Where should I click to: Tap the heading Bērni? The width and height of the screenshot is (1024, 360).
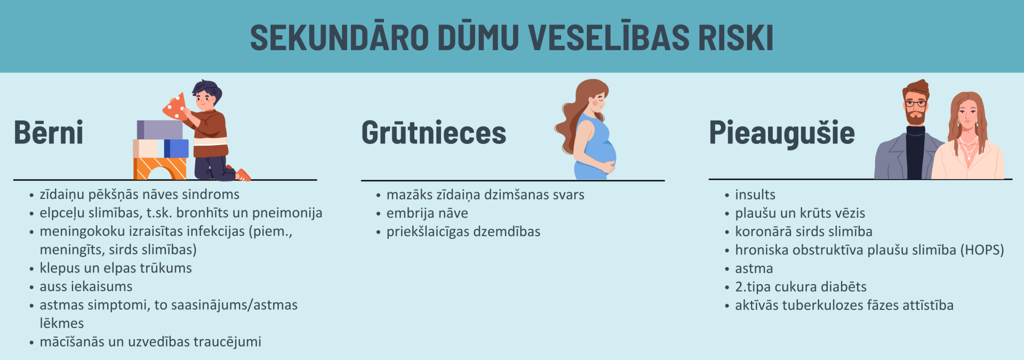coord(49,132)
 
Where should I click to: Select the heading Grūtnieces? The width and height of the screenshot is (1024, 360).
coord(434,132)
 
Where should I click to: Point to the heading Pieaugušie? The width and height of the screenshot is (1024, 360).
coord(781,133)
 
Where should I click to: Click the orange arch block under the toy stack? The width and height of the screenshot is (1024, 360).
coord(160,169)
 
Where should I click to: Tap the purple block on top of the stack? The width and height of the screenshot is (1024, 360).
coord(159,130)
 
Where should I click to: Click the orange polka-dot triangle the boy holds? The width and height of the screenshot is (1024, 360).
coord(175,107)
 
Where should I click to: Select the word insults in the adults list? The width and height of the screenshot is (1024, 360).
coord(755,195)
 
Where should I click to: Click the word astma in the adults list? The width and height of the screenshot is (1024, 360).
coord(754,268)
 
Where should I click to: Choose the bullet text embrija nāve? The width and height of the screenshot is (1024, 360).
coord(427,213)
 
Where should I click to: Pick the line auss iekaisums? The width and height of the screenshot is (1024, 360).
coord(86,286)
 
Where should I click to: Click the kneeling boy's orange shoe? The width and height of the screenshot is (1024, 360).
coord(243,174)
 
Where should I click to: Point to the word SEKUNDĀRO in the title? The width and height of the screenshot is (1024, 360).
coord(339,37)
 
